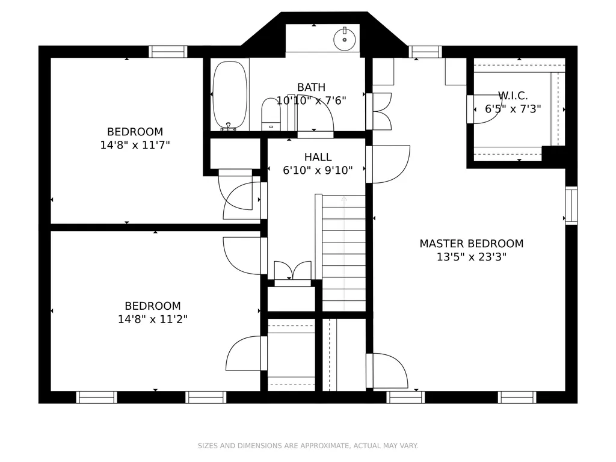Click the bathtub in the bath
point(230,94)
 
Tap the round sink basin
point(345,39)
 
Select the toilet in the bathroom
point(271,114)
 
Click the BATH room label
point(311,87)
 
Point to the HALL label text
point(318,157)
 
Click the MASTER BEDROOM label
point(472,244)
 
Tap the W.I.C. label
point(513,96)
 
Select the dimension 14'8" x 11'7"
point(135,145)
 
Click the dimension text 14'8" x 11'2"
point(153,319)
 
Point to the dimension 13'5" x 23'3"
point(472,257)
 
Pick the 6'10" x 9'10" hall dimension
point(318,170)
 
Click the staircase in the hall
point(343,253)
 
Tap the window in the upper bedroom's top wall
point(168,52)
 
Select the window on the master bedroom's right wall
point(571,206)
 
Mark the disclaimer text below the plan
point(307,446)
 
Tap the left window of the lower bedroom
point(97,397)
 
